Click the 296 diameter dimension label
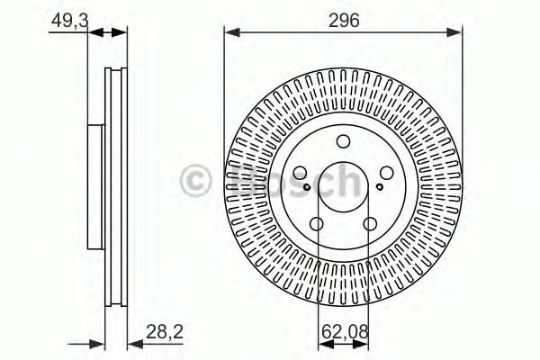click(343, 21)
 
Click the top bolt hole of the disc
click(343, 141)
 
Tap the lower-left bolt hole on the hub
click(317, 224)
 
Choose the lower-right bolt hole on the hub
click(369, 224)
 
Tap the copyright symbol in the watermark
click(196, 181)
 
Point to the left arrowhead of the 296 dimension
click(229, 32)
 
